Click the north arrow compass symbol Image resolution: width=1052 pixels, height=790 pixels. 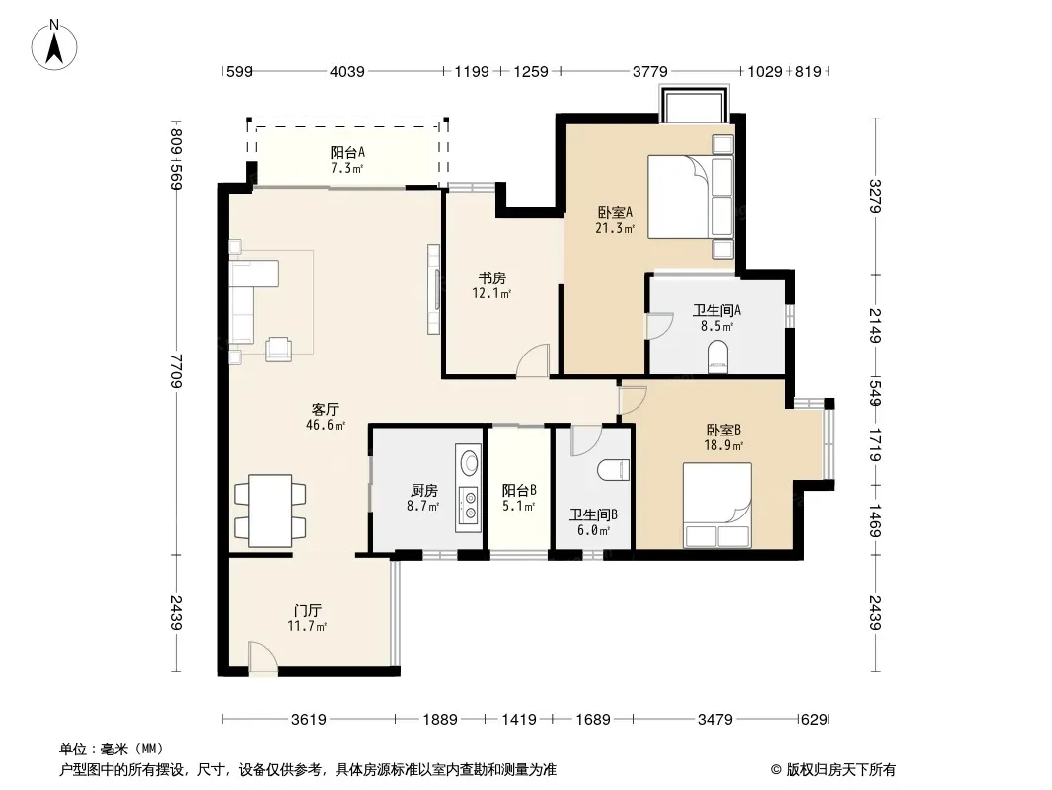pyautogui.click(x=54, y=45)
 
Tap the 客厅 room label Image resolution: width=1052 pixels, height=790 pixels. pyautogui.click(x=326, y=409)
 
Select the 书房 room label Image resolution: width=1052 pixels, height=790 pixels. pyautogui.click(x=491, y=277)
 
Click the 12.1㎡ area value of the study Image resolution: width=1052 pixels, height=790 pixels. pyautogui.click(x=491, y=293)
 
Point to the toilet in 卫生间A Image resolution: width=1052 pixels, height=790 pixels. pyautogui.click(x=717, y=356)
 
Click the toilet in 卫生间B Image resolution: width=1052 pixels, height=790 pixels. pyautogui.click(x=614, y=470)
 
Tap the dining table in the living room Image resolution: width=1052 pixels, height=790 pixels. pyautogui.click(x=269, y=511)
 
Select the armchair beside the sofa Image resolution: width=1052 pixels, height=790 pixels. pyautogui.click(x=278, y=349)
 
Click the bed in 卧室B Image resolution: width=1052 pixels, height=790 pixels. pyautogui.click(x=717, y=505)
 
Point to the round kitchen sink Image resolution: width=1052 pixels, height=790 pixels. pyautogui.click(x=469, y=462)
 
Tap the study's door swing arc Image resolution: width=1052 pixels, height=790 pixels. pyautogui.click(x=533, y=359)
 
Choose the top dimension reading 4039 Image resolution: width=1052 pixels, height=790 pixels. pyautogui.click(x=346, y=71)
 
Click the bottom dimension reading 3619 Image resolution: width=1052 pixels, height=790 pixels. pyautogui.click(x=309, y=720)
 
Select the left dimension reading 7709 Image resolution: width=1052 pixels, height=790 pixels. pyautogui.click(x=176, y=370)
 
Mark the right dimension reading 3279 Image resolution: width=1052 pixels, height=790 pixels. pyautogui.click(x=875, y=196)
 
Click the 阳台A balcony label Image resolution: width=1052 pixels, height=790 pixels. pyautogui.click(x=346, y=152)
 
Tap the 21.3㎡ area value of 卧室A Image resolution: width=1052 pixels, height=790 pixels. pyautogui.click(x=615, y=228)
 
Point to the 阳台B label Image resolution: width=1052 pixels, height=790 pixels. pyautogui.click(x=519, y=490)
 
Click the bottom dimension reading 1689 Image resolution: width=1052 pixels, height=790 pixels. pyautogui.click(x=593, y=720)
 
